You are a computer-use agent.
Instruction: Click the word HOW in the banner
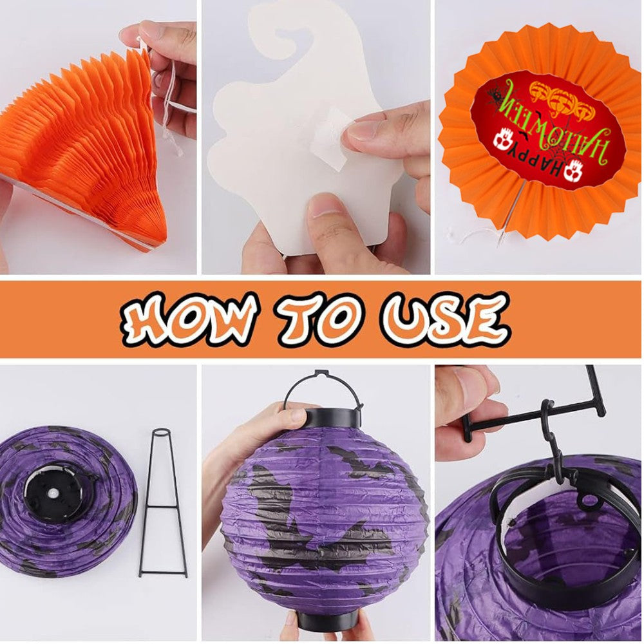tap(187, 319)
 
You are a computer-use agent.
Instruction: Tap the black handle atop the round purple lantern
tap(322, 390)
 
